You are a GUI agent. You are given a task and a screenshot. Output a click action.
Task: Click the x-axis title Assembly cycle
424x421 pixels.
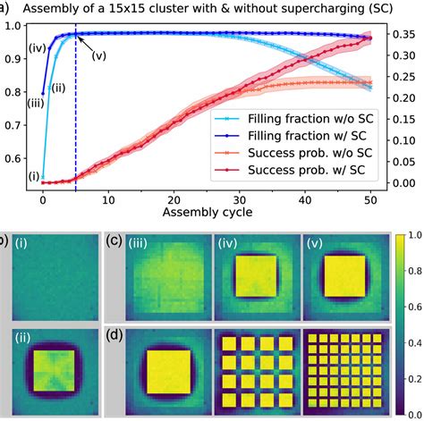tap(207, 214)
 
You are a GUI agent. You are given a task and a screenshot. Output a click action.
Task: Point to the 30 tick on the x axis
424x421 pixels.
tap(240, 200)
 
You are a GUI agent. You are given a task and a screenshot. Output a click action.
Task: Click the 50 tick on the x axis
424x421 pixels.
tap(370, 200)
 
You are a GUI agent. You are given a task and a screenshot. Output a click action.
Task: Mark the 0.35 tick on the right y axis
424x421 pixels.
tap(403, 35)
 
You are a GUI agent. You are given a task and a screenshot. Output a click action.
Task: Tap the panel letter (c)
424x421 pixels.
tap(114, 239)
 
